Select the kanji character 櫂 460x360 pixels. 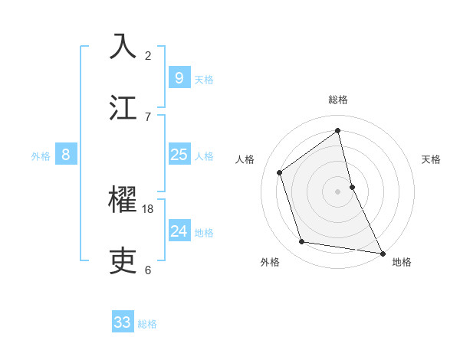[123, 200]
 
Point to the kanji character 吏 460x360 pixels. [123, 260]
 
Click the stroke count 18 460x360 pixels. [148, 208]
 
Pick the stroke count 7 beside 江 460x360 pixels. [148, 116]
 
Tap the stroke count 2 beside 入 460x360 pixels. [148, 55]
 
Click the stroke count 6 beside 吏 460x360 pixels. [148, 270]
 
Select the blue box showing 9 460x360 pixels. [179, 77]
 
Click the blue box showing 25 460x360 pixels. [179, 155]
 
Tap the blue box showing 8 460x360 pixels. [66, 155]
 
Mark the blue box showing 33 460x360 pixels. [123, 322]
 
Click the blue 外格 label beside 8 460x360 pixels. [41, 156]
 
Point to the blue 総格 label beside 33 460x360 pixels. [147, 324]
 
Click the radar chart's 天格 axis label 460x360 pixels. [432, 159]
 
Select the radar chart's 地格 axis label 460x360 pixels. [402, 262]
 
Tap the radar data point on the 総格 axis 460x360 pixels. [337, 130]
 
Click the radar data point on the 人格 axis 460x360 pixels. [280, 172]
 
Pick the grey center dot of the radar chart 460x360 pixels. [337, 191]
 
